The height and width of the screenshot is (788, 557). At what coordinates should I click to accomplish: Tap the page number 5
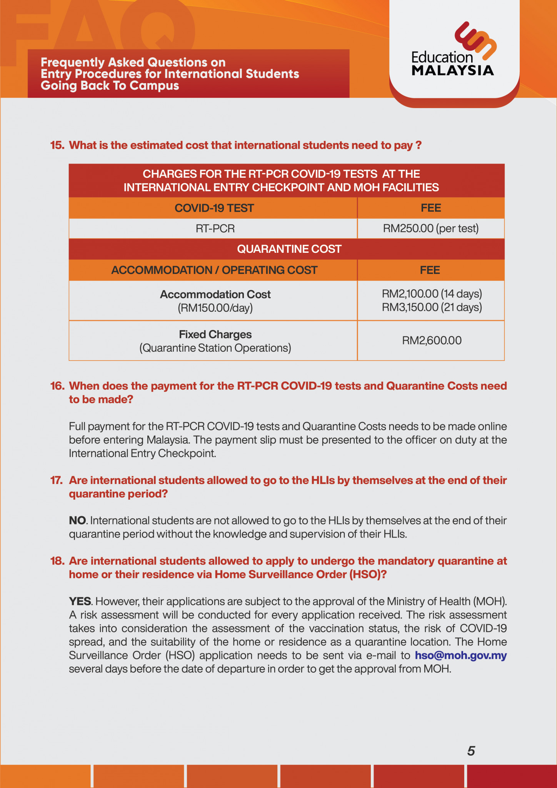(471, 751)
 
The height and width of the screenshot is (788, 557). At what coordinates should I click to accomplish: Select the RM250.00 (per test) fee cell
(431, 229)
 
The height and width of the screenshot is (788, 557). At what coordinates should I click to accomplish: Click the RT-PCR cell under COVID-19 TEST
(215, 229)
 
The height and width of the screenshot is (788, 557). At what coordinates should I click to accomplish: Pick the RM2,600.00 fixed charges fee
(432, 341)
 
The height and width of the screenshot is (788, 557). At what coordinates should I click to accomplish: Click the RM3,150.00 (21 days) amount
(432, 307)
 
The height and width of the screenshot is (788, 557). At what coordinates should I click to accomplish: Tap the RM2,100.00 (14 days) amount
(432, 294)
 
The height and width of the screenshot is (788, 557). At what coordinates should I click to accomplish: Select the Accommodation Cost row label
(215, 294)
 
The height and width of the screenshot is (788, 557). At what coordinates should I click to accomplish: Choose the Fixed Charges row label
(215, 334)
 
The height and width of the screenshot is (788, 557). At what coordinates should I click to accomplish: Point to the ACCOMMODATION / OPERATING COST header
(214, 270)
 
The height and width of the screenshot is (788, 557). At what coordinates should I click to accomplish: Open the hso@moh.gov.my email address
(460, 655)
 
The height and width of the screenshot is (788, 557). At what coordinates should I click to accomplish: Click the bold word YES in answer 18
(80, 601)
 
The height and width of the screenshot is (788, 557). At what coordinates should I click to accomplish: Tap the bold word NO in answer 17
(77, 520)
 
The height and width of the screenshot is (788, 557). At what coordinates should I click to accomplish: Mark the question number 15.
(57, 145)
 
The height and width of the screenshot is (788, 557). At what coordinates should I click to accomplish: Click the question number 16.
(57, 386)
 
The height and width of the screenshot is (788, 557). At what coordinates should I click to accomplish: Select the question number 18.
(57, 561)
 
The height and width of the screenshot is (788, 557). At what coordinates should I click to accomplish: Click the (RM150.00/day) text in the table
(215, 308)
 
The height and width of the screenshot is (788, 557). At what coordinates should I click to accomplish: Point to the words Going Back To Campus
(110, 85)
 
